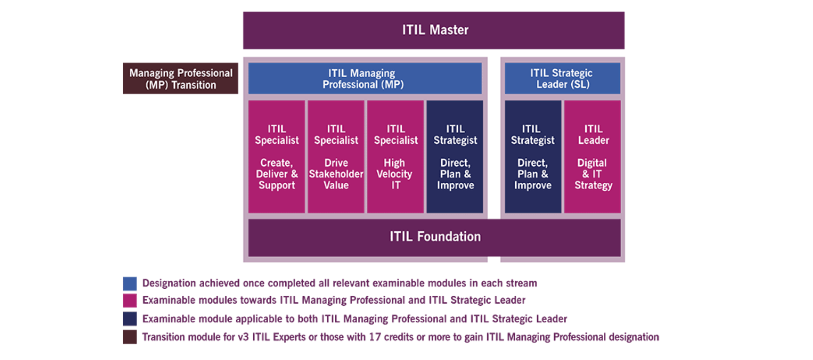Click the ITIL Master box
[434, 30]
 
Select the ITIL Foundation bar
[434, 237]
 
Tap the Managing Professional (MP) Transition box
[181, 79]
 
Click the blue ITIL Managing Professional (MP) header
[365, 79]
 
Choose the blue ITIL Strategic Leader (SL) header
[563, 79]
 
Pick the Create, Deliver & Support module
[277, 157]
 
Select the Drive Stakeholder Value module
[336, 157]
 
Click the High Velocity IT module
[395, 157]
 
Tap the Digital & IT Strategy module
[593, 157]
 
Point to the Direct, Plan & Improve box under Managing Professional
[455, 157]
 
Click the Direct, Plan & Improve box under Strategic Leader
[533, 157]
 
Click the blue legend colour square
[130, 284]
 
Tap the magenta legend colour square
[130, 301]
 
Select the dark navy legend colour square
[130, 319]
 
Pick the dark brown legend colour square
[130, 337]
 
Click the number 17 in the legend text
[375, 337]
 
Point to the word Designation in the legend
[169, 283]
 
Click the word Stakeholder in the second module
[336, 174]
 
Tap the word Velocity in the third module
[394, 174]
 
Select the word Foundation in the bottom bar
[449, 236]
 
